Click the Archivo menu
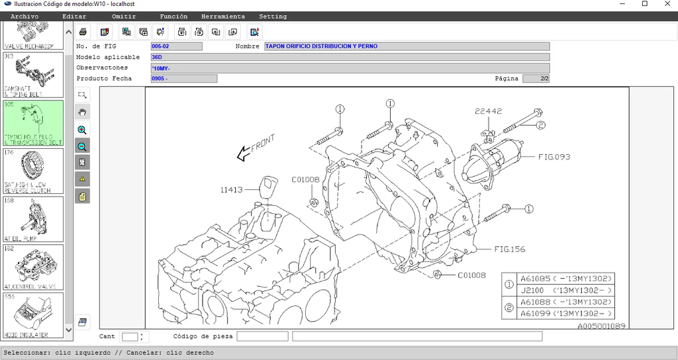(24, 17)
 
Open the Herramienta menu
(222, 17)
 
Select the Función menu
(173, 17)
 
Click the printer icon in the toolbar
(83, 31)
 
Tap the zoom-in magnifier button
(82, 130)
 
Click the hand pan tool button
(82, 112)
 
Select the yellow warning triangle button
(82, 179)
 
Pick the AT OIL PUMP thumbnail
(34, 218)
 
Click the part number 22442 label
(488, 111)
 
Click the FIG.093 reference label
(554, 157)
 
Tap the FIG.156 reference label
(509, 249)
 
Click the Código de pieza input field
(262, 336)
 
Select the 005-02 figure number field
(176, 46)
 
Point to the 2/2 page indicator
(536, 79)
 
